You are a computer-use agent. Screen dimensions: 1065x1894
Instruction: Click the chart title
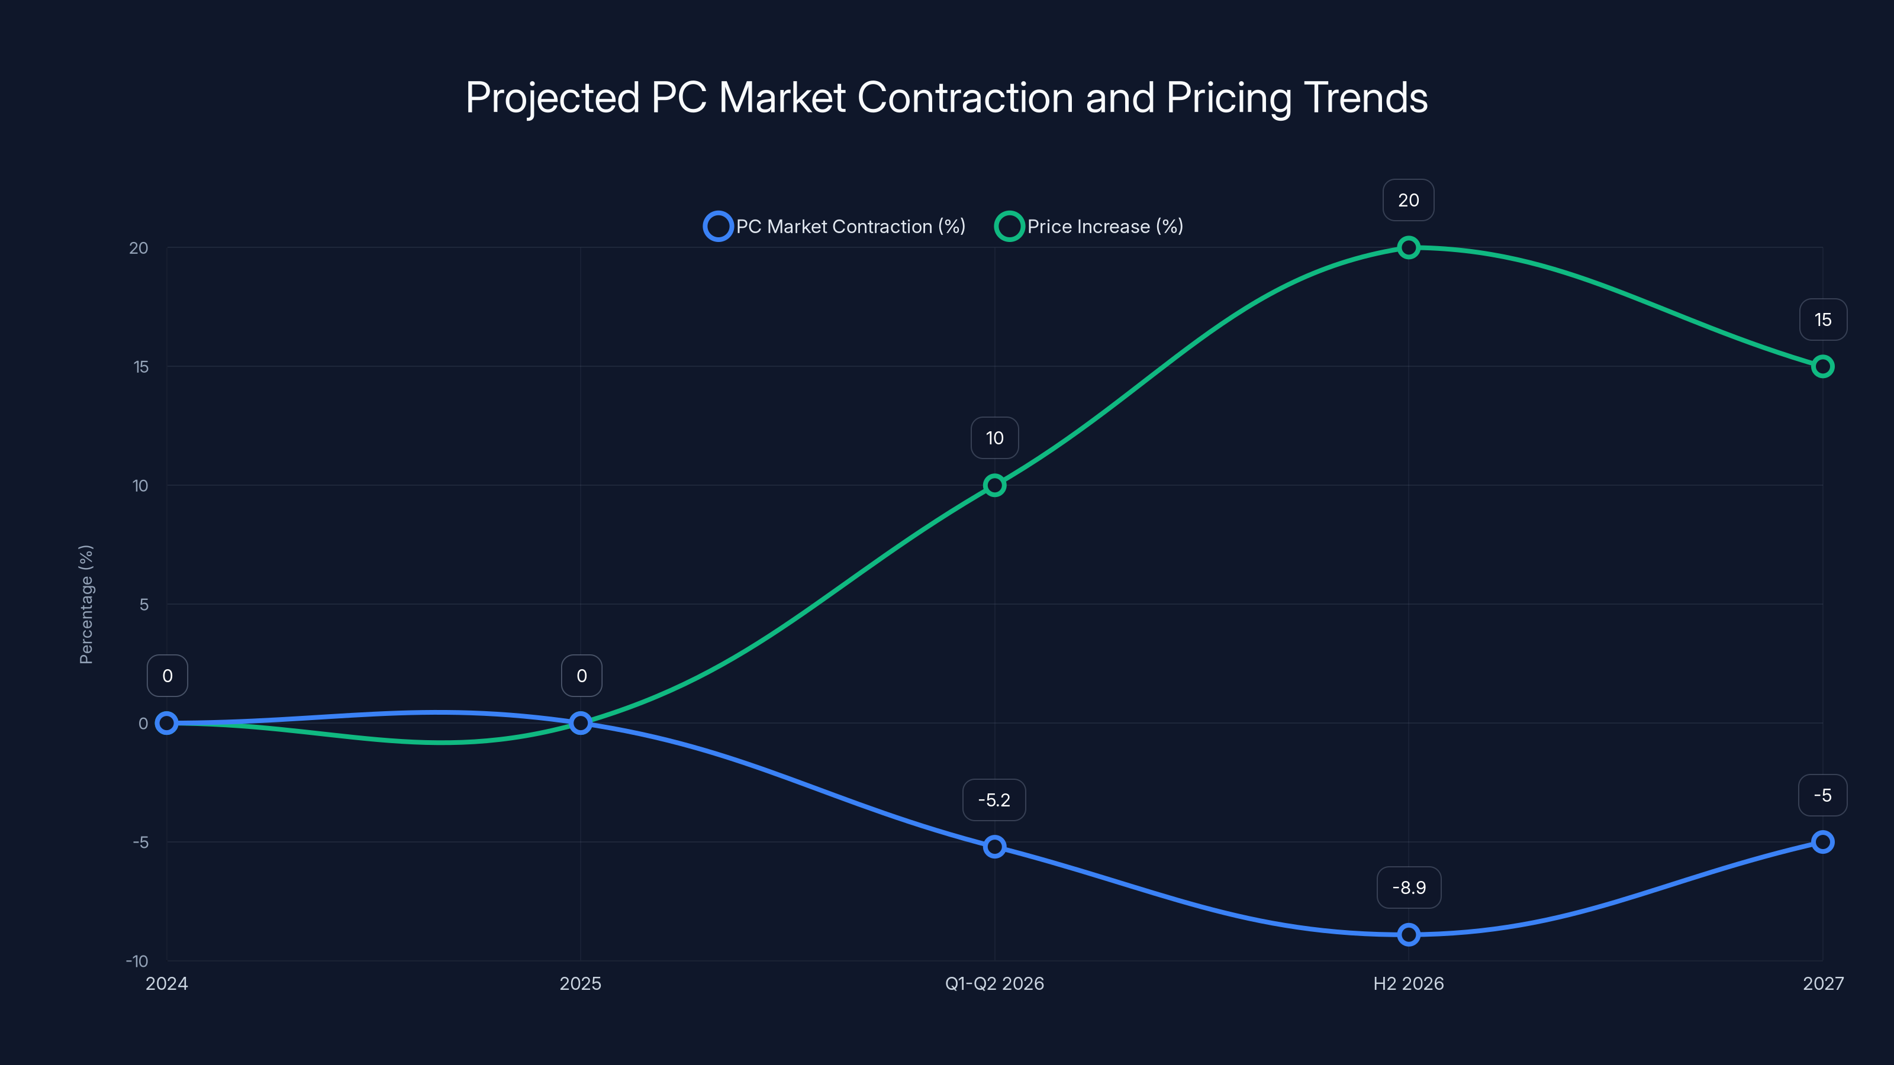click(x=946, y=98)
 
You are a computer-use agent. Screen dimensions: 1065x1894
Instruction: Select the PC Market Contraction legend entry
click(x=835, y=227)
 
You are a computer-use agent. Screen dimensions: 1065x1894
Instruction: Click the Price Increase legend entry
click(x=1089, y=227)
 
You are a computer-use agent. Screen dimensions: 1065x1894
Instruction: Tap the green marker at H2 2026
click(x=1408, y=248)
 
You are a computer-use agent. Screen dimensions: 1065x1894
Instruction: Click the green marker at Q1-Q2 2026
click(x=994, y=485)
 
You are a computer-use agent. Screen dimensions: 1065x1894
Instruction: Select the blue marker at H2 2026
click(x=1408, y=934)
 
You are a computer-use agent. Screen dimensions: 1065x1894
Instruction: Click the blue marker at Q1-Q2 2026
click(x=994, y=847)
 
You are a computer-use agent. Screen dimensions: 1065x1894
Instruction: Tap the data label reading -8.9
click(x=1408, y=888)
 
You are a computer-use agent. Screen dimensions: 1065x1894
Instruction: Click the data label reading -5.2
click(x=994, y=800)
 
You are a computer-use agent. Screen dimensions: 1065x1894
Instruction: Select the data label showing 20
click(x=1408, y=200)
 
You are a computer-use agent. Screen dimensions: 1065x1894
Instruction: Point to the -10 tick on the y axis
click(x=137, y=961)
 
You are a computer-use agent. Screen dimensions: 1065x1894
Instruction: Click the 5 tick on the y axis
click(x=143, y=604)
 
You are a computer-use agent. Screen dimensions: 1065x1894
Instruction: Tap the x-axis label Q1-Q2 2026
click(x=994, y=983)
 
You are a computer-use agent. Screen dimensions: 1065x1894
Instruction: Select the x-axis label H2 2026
click(x=1408, y=983)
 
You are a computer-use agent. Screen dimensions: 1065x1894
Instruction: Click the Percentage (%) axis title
click(x=86, y=604)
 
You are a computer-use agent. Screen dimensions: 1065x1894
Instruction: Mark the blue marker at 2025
click(x=580, y=723)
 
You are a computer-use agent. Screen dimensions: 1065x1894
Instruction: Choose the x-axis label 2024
click(x=167, y=983)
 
